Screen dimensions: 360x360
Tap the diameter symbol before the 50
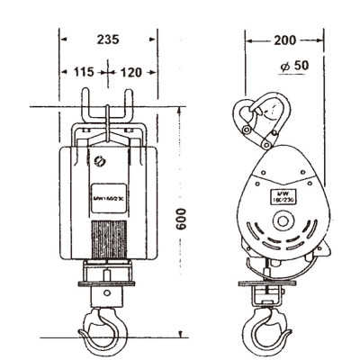283,68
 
